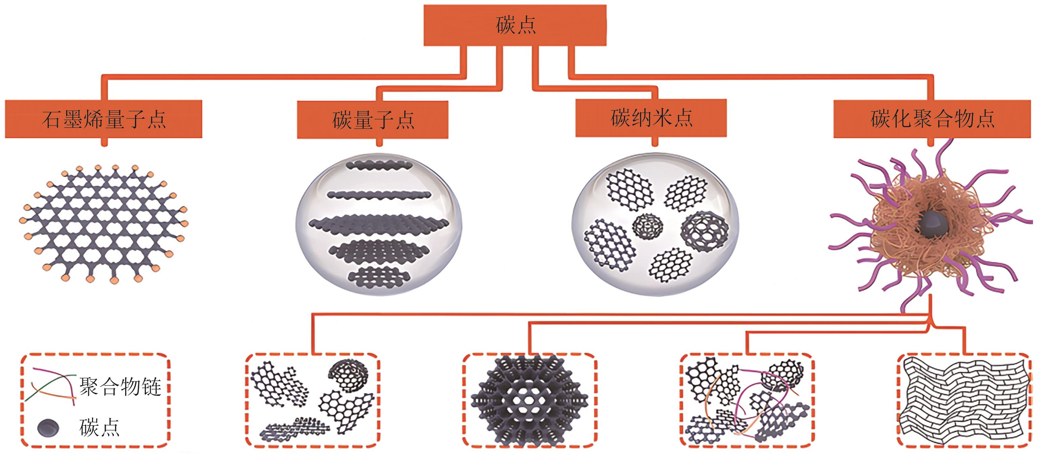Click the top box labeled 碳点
tap(515, 25)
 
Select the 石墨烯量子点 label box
tap(103, 119)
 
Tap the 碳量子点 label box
tap(372, 120)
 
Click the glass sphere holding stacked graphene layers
tap(378, 224)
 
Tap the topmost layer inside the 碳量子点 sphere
tap(379, 165)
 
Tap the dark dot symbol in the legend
tap(48, 427)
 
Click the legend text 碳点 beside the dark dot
tap(99, 427)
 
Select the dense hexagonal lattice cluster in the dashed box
tap(529, 400)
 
